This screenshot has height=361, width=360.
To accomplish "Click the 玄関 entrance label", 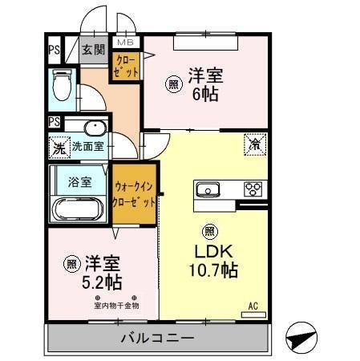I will (94, 50).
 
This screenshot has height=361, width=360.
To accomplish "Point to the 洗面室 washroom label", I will (88, 147).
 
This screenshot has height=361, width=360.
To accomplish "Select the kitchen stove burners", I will (253, 190).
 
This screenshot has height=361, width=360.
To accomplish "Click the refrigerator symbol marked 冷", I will (254, 145).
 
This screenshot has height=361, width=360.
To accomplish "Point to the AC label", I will (253, 305).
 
